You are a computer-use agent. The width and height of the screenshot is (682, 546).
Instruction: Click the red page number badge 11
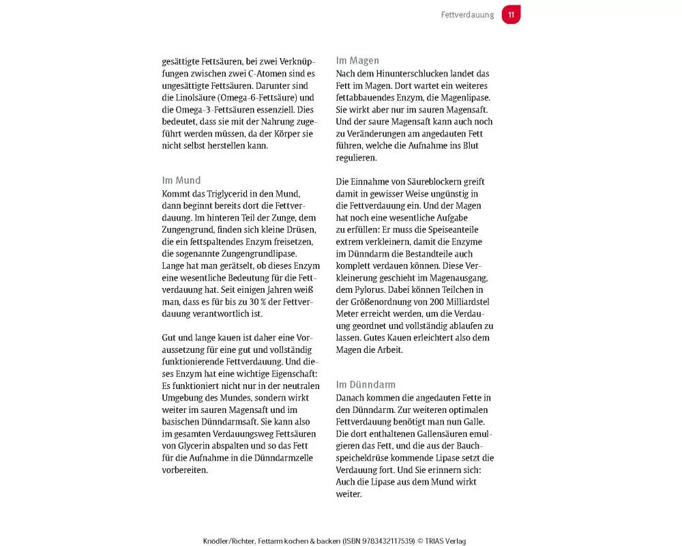pos(511,15)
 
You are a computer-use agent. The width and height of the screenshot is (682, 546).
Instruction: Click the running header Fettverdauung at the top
pos(467,15)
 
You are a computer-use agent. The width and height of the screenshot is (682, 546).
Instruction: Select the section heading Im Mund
pos(181,181)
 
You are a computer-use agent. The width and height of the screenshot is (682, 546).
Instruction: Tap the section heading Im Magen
pos(357,61)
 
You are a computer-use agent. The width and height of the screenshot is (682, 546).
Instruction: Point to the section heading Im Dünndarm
pos(366,385)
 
